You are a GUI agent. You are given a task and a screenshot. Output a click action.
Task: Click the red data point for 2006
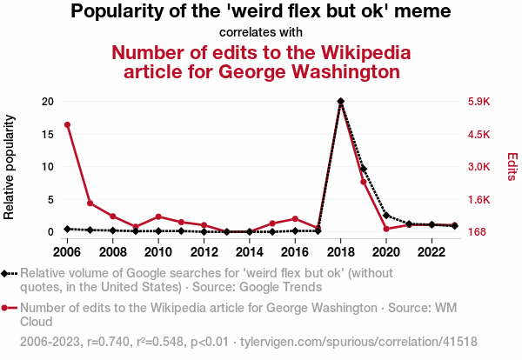click(67, 124)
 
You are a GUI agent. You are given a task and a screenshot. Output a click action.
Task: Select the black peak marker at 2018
click(341, 101)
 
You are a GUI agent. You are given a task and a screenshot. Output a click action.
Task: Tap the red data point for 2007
click(90, 203)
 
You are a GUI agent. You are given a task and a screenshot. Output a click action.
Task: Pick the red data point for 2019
click(364, 182)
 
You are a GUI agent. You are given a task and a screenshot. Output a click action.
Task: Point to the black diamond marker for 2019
click(364, 169)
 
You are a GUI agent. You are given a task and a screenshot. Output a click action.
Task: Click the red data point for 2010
click(158, 217)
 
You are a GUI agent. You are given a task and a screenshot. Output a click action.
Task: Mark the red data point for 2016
click(296, 219)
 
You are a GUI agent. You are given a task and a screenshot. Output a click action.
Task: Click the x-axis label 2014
click(250, 252)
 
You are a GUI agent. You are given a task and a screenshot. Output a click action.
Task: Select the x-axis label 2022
click(432, 252)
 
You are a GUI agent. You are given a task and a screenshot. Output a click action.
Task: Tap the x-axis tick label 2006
click(67, 252)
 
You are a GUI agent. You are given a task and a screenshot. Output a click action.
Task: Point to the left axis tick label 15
click(49, 134)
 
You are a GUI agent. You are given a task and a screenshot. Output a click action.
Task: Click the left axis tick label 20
click(49, 102)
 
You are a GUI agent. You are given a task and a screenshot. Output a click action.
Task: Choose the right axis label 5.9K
click(479, 102)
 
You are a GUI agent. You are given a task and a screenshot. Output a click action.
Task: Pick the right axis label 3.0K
click(479, 167)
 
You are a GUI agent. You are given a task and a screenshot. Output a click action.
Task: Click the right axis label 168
click(478, 232)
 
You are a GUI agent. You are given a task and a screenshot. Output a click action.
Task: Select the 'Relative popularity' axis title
click(10, 165)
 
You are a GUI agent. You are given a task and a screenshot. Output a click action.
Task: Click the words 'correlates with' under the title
click(260, 32)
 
